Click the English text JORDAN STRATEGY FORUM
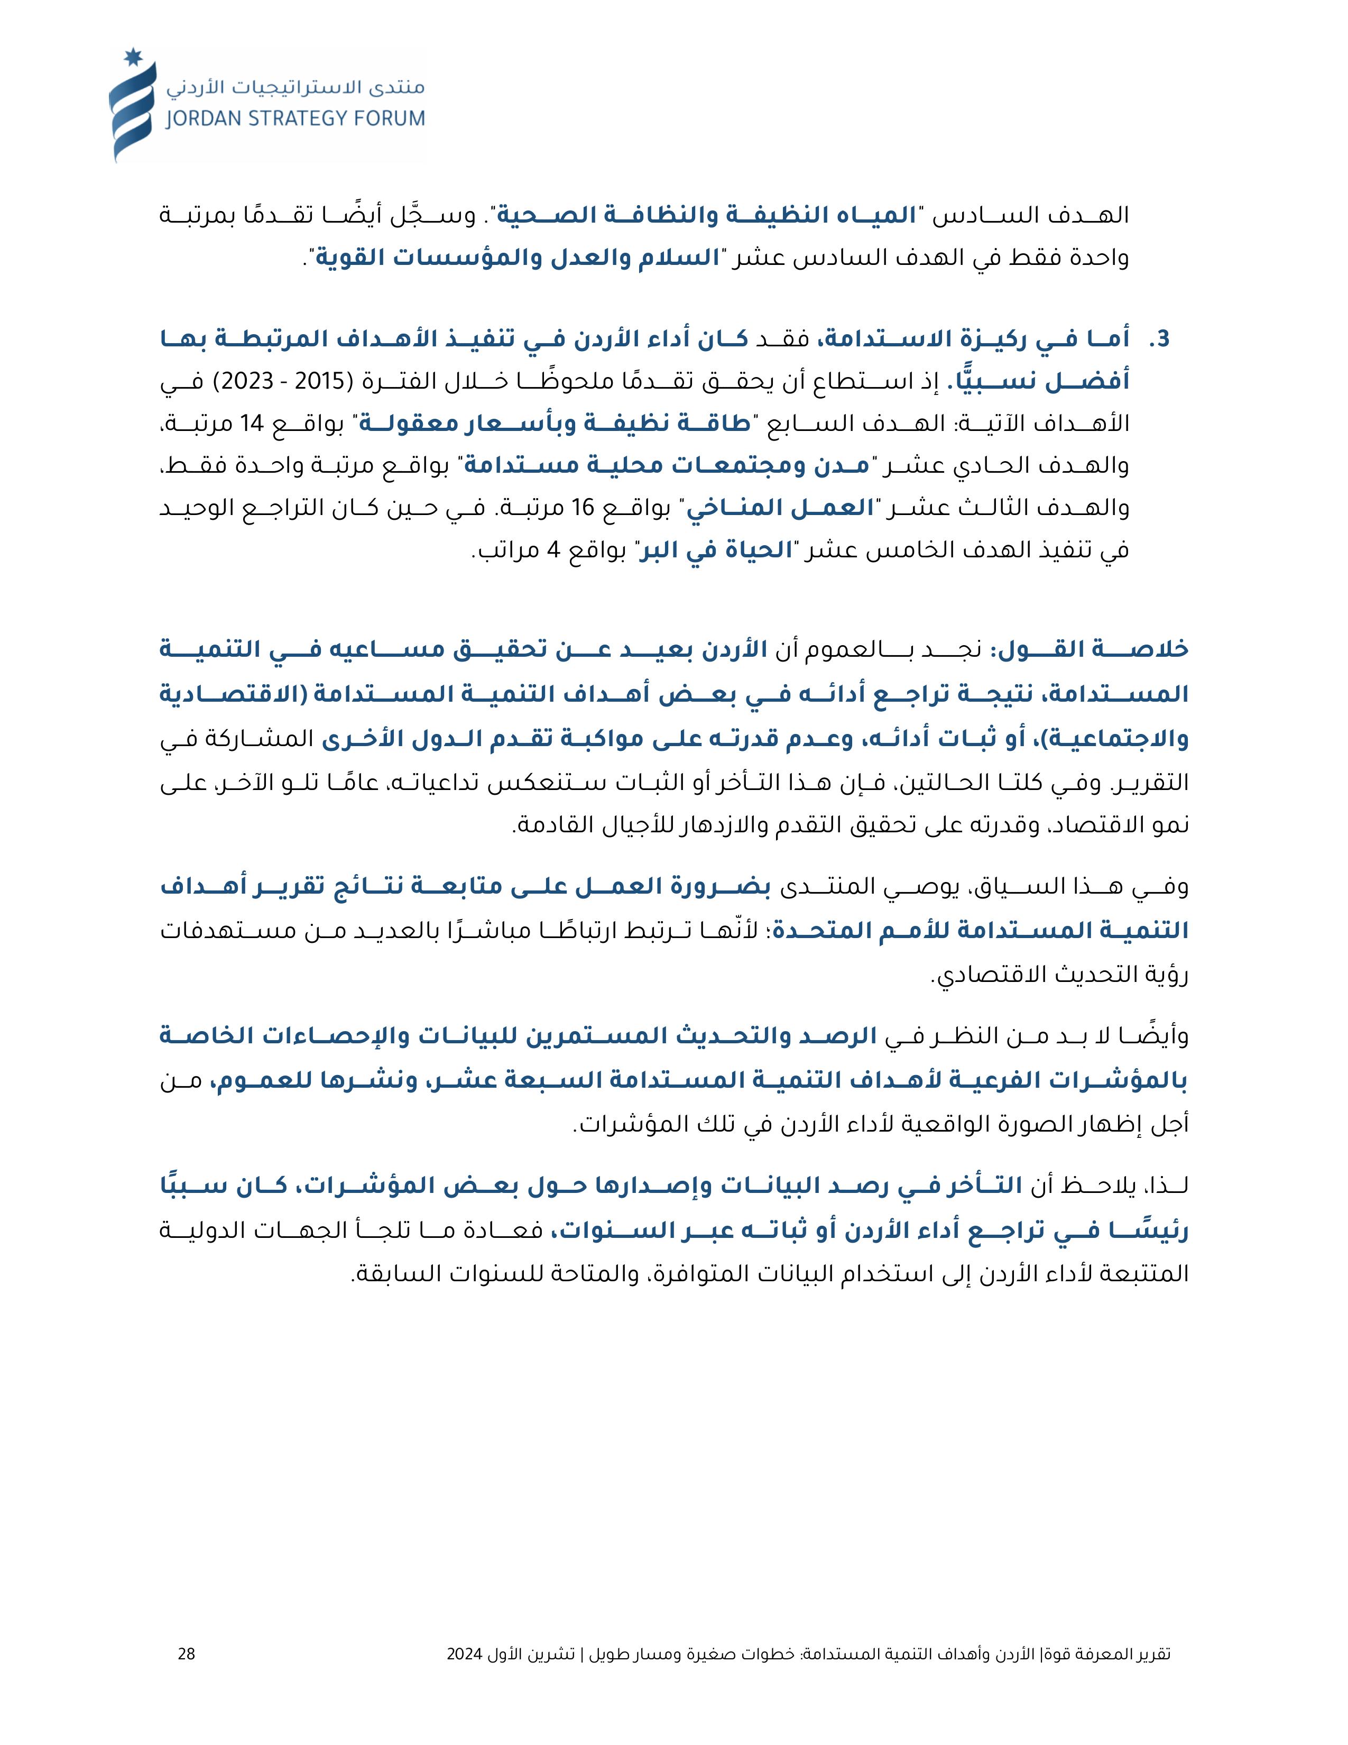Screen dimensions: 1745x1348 coord(294,119)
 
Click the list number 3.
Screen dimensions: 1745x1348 coord(1159,339)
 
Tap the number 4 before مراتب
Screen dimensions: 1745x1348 coord(552,550)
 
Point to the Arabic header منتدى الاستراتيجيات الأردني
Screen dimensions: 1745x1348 coord(296,86)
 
